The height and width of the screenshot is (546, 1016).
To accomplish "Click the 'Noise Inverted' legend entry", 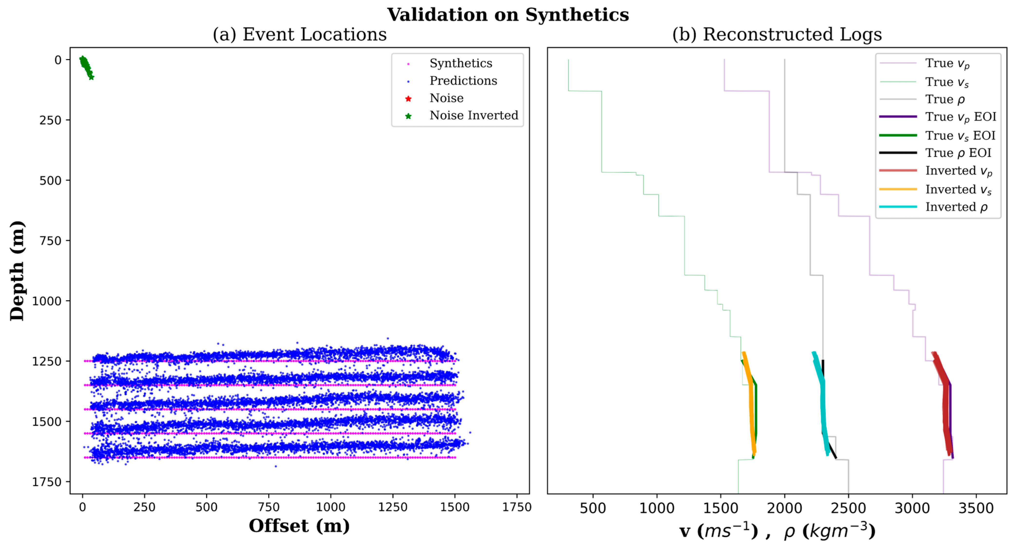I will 473,116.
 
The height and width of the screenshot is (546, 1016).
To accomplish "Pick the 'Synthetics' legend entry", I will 461,64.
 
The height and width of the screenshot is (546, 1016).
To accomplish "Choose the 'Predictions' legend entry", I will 463,81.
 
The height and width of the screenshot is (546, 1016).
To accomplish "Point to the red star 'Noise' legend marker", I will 408,99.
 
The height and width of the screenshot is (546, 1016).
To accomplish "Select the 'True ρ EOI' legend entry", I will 958,153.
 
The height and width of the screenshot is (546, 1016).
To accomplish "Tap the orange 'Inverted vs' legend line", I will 898,189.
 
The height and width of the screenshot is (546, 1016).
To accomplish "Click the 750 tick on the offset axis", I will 269,507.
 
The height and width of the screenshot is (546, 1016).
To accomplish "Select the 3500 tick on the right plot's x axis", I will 976,508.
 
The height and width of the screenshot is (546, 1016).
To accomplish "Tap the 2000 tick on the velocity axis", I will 784,508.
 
